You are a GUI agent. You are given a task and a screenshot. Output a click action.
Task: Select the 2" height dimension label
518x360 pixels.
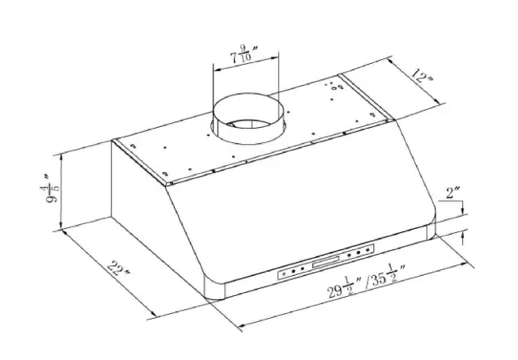[x=454, y=195]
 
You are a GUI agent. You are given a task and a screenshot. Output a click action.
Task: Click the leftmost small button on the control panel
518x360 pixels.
[x=284, y=273]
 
